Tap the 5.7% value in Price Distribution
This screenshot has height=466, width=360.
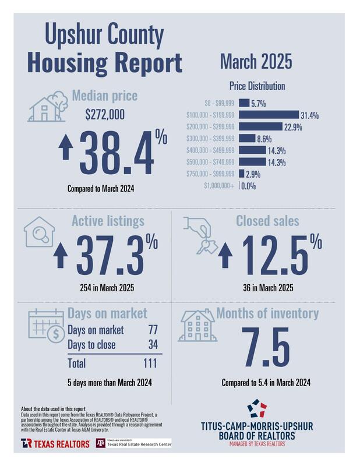pyautogui.click(x=258, y=104)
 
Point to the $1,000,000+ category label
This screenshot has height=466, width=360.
pyautogui.click(x=220, y=186)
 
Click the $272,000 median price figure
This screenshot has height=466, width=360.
pyautogui.click(x=104, y=115)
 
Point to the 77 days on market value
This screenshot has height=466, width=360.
pyautogui.click(x=153, y=330)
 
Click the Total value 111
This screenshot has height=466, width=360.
pyautogui.click(x=151, y=363)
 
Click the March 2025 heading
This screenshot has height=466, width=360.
pyautogui.click(x=256, y=62)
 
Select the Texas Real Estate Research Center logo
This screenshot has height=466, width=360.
pyautogui.click(x=133, y=443)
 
